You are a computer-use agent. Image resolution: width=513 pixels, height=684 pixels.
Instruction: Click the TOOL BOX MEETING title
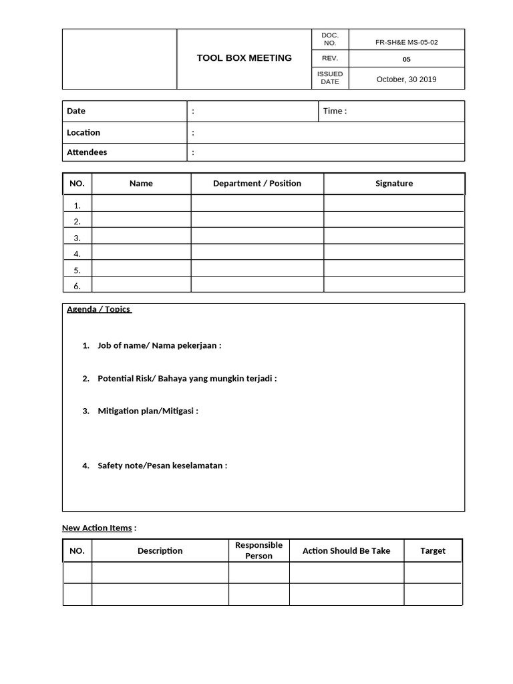(244, 58)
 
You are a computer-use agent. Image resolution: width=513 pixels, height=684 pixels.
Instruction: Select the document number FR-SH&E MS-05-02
(406, 41)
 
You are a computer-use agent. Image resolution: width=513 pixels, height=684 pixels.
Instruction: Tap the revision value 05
(406, 59)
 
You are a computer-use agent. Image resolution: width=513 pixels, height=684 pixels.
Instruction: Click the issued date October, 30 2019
(406, 79)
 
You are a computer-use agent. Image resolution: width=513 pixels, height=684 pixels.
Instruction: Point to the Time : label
(335, 111)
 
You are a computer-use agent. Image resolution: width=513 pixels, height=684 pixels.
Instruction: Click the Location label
(83, 132)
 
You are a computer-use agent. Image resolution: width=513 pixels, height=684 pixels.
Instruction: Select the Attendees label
(87, 152)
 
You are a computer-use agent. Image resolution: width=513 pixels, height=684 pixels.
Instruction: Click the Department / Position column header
(257, 183)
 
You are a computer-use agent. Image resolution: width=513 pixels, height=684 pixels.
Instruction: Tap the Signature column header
(394, 183)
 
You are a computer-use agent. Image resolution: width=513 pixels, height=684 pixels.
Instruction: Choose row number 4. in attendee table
(77, 254)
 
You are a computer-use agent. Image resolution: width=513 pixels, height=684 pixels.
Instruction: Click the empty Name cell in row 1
(141, 205)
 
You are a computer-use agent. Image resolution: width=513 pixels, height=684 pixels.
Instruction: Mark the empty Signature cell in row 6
(394, 285)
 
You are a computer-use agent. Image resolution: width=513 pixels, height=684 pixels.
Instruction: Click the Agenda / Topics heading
(99, 309)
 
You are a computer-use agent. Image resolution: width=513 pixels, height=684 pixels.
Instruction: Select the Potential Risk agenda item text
(186, 378)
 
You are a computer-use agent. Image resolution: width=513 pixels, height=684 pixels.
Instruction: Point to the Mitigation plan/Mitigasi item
(148, 411)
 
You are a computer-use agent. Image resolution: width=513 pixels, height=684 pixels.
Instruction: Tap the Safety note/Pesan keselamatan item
(162, 466)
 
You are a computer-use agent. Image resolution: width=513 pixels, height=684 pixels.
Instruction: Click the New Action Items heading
(97, 528)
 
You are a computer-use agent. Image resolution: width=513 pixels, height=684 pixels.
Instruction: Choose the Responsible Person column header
(259, 550)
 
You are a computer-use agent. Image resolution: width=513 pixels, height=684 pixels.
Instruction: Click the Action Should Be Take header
(346, 550)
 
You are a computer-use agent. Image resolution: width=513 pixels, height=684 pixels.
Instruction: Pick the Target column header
(432, 550)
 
